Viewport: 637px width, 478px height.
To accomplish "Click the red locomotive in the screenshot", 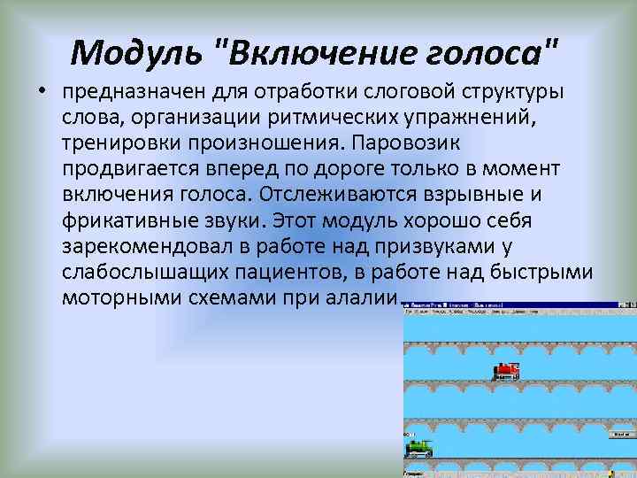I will point(506,371).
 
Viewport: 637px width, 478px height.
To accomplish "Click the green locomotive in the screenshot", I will point(418,447).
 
